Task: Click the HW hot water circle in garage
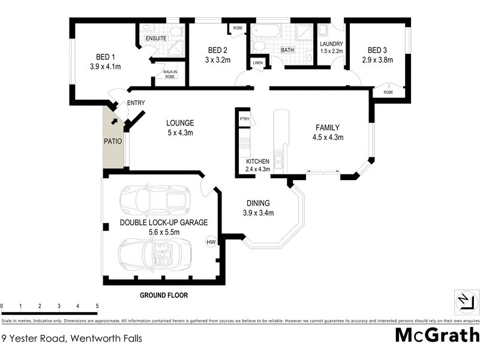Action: click(211, 242)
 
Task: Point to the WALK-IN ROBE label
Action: click(170, 74)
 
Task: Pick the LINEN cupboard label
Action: click(257, 63)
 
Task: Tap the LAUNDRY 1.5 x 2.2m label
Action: click(331, 47)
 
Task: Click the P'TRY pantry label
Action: click(244, 119)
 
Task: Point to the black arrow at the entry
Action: click(114, 122)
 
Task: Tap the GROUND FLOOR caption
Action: click(164, 295)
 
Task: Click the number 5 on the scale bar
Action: click(97, 306)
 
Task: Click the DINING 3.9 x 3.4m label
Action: click(258, 208)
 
